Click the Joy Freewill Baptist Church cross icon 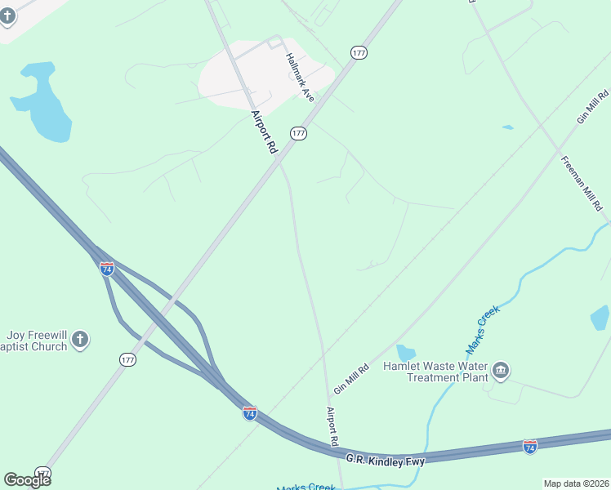(79, 340)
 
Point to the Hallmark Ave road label (300, 78)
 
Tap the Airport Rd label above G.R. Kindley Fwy (332, 426)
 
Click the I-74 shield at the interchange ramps (107, 268)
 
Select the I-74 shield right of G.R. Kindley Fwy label (529, 447)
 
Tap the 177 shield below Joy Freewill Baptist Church (128, 360)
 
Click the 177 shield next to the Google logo (43, 473)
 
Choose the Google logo (27, 479)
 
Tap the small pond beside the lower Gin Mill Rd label (406, 354)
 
